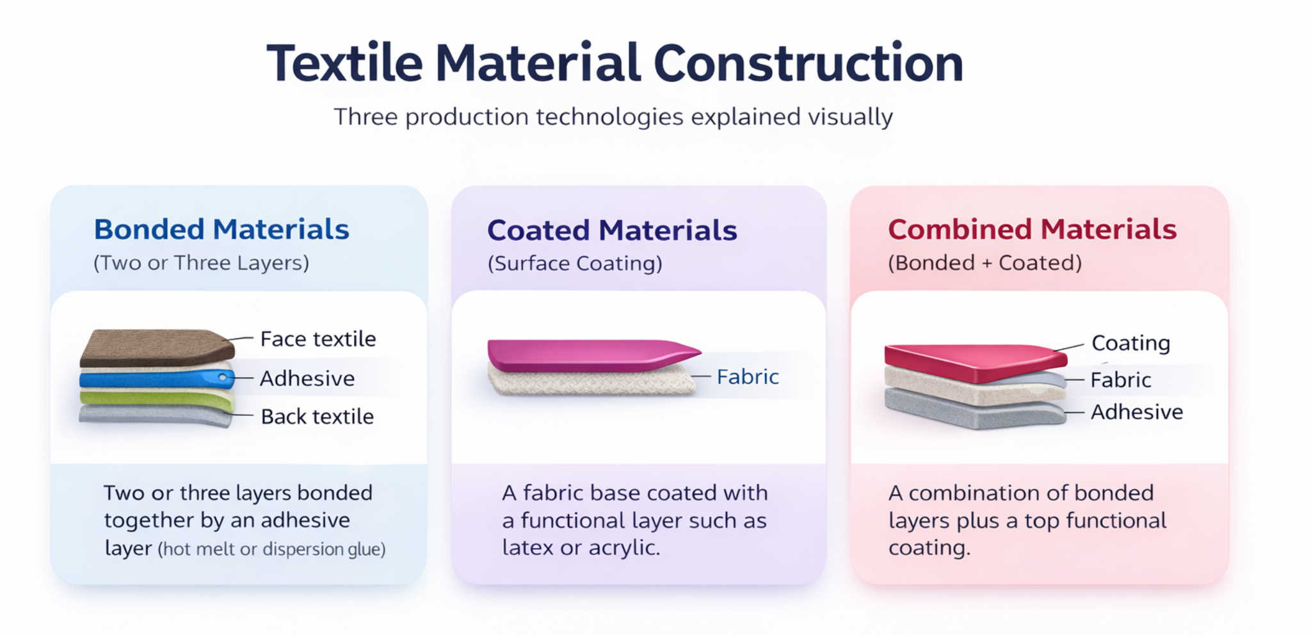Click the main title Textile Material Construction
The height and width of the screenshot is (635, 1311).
[x=615, y=63]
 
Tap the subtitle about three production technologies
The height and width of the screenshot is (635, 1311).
[x=613, y=117]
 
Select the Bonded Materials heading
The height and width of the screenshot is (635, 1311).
[x=221, y=229]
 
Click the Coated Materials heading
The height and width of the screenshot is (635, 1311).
[x=612, y=230]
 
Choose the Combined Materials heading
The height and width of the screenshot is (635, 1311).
[x=1032, y=229]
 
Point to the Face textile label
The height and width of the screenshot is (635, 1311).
[x=318, y=339]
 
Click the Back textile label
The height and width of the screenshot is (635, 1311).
[x=318, y=416]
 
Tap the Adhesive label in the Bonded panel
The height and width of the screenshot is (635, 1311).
[x=307, y=378]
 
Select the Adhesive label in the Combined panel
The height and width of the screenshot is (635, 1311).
[x=1137, y=412]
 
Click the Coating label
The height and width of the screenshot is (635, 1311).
[x=1131, y=343]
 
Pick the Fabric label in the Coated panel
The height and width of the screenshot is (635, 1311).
[x=748, y=376]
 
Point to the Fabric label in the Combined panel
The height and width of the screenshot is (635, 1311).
[x=1121, y=380]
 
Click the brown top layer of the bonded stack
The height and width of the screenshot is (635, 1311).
[x=157, y=348]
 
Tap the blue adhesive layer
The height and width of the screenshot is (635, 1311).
[x=156, y=379]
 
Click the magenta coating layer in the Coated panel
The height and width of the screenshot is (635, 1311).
[x=592, y=355]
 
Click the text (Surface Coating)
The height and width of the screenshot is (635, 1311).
[x=575, y=264]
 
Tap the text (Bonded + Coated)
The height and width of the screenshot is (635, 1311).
[x=985, y=263]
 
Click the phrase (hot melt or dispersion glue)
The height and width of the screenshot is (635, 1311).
[x=272, y=549]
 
